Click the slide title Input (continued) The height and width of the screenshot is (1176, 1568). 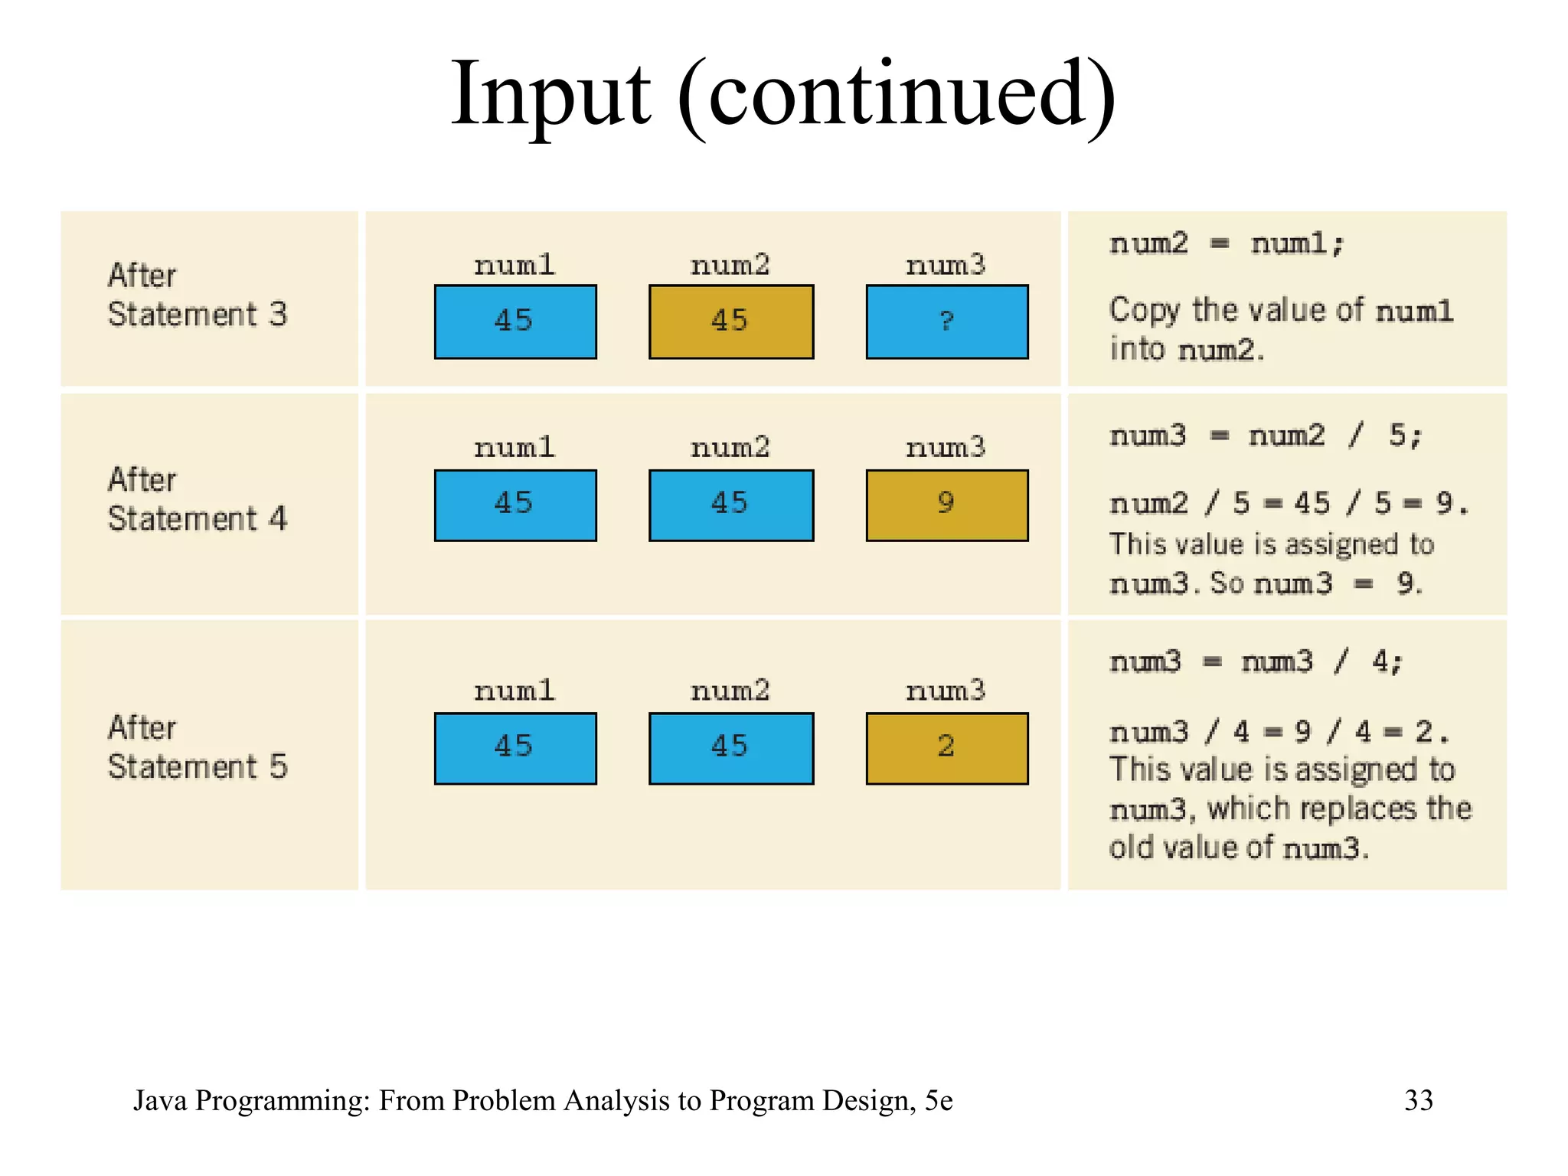click(x=782, y=96)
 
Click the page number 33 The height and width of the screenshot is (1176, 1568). click(x=1418, y=1100)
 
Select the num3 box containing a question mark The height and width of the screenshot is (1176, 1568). click(x=946, y=322)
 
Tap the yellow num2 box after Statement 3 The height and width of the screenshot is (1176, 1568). click(x=730, y=322)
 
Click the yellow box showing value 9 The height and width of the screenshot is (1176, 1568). click(x=946, y=505)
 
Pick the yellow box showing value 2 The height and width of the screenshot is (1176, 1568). click(x=946, y=748)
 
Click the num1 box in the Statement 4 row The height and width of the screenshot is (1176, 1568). click(x=514, y=505)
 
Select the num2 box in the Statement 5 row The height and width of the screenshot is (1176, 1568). click(x=730, y=748)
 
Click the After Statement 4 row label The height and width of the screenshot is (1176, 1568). click(x=197, y=499)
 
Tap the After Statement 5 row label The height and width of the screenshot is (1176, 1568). click(x=197, y=747)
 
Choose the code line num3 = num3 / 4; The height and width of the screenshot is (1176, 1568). click(x=1256, y=662)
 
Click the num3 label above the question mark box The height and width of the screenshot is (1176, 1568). click(x=946, y=266)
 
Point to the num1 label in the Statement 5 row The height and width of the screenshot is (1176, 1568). click(x=514, y=691)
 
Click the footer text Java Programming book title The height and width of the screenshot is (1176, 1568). click(x=543, y=1100)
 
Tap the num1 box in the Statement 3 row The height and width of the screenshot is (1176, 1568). click(x=514, y=322)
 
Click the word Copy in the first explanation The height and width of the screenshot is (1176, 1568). click(x=1145, y=311)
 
